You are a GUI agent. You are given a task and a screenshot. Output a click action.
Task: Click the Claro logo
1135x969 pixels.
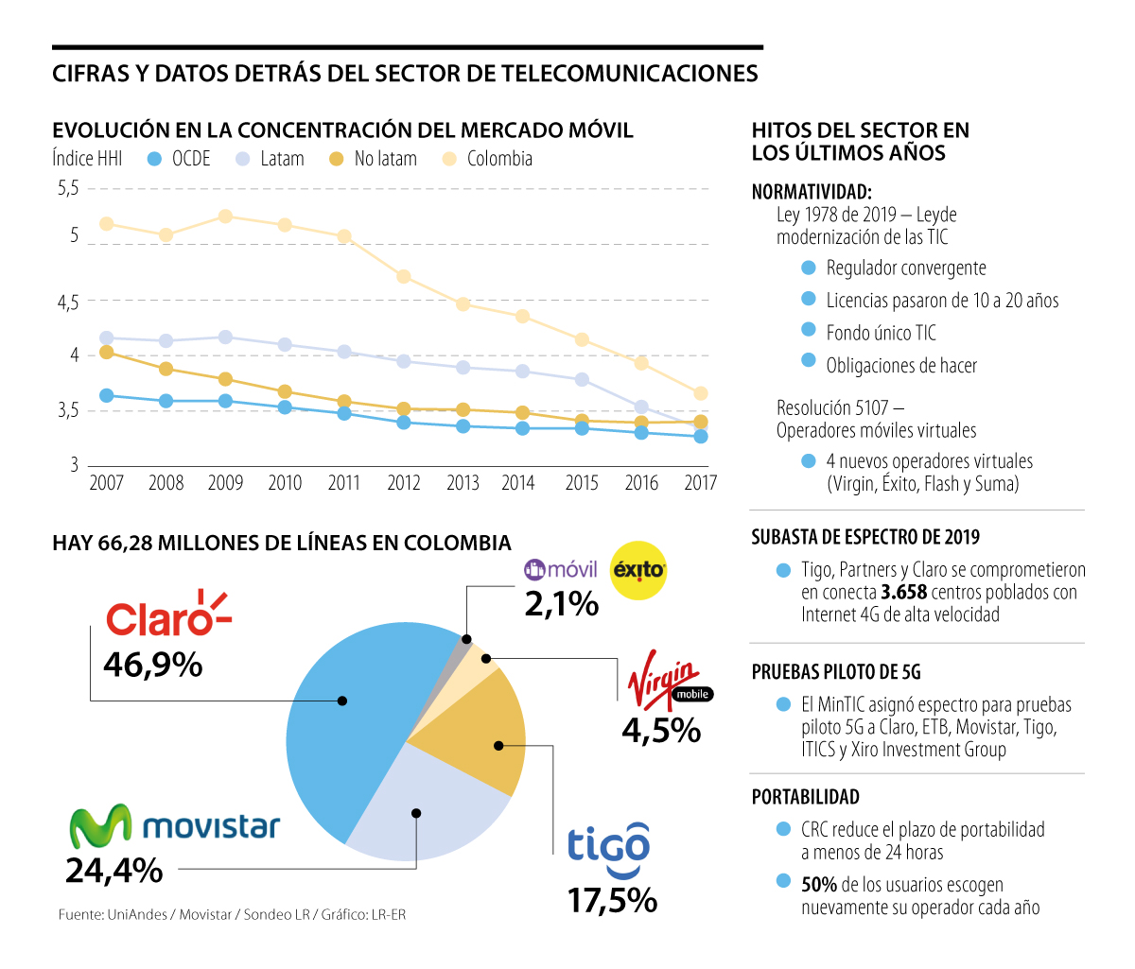(x=167, y=614)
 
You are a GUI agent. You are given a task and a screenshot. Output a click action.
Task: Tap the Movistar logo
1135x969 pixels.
(x=175, y=826)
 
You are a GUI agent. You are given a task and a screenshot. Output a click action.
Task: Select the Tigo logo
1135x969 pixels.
(x=608, y=845)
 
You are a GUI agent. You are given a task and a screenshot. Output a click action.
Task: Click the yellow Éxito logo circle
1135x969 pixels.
(x=638, y=570)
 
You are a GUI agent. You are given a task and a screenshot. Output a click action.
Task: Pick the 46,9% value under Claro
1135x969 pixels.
(x=153, y=665)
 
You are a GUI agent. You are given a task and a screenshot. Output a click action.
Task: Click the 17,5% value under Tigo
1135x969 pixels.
(x=612, y=900)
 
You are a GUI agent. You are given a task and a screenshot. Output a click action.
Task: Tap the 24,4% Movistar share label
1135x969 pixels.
(x=114, y=870)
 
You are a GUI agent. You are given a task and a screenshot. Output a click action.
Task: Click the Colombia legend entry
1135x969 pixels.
(x=488, y=159)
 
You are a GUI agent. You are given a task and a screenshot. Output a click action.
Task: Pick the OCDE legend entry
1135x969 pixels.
(x=180, y=159)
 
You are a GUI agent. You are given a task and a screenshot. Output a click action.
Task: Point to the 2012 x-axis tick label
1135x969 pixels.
(x=404, y=483)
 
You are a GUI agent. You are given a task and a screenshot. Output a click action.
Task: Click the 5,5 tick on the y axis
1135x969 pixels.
(x=68, y=188)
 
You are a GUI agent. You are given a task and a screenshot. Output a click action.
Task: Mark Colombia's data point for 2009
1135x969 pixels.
(x=225, y=216)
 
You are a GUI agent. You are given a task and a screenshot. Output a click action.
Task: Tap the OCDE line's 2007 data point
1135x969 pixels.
(x=107, y=395)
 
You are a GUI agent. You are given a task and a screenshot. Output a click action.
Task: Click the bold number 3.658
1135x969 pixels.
(x=903, y=593)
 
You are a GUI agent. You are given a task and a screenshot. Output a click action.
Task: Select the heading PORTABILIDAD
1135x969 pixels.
(x=805, y=797)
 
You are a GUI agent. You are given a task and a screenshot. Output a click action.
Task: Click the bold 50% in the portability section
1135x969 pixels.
(x=819, y=885)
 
